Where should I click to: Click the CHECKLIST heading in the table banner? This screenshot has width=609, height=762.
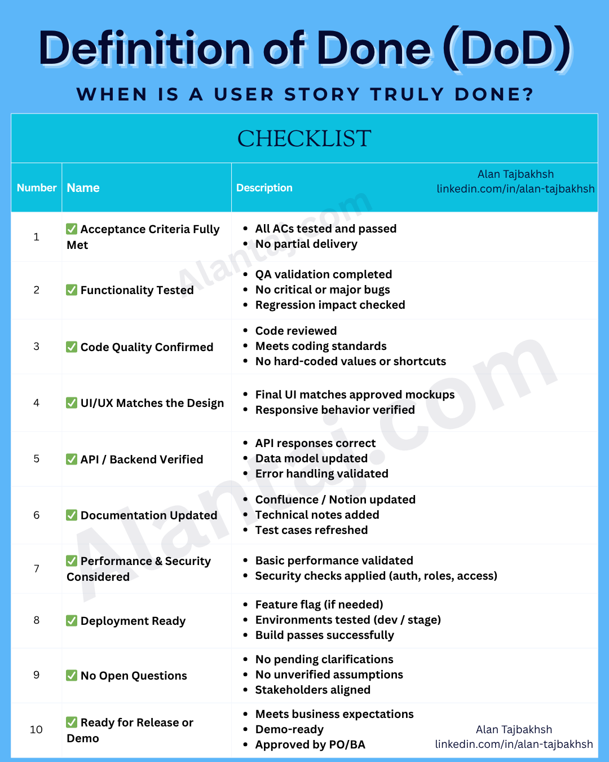304,139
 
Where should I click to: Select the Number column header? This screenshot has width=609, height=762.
37,188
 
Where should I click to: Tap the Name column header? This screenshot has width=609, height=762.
83,188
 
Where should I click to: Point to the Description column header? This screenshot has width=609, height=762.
264,188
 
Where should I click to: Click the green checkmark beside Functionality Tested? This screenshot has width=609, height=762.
72,290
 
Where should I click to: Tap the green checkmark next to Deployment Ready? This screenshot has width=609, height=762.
72,621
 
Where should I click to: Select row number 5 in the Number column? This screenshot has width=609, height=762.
37,459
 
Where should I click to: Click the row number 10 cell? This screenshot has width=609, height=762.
37,730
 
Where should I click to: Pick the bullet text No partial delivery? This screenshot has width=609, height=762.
306,244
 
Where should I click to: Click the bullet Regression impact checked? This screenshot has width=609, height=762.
330,305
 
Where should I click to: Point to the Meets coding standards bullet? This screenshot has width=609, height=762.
321,346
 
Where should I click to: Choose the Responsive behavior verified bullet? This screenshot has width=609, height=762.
335,410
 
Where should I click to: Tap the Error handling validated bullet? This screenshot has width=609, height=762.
321,474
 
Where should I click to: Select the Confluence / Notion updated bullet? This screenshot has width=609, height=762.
335,500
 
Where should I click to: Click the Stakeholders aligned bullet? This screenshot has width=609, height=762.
312,690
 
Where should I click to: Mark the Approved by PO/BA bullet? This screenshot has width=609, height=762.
310,745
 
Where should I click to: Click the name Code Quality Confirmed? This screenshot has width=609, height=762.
147,347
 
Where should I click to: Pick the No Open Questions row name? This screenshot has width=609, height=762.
134,676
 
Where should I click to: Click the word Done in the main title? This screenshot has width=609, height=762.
374,49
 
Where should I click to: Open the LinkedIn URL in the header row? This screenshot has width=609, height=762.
515,189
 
